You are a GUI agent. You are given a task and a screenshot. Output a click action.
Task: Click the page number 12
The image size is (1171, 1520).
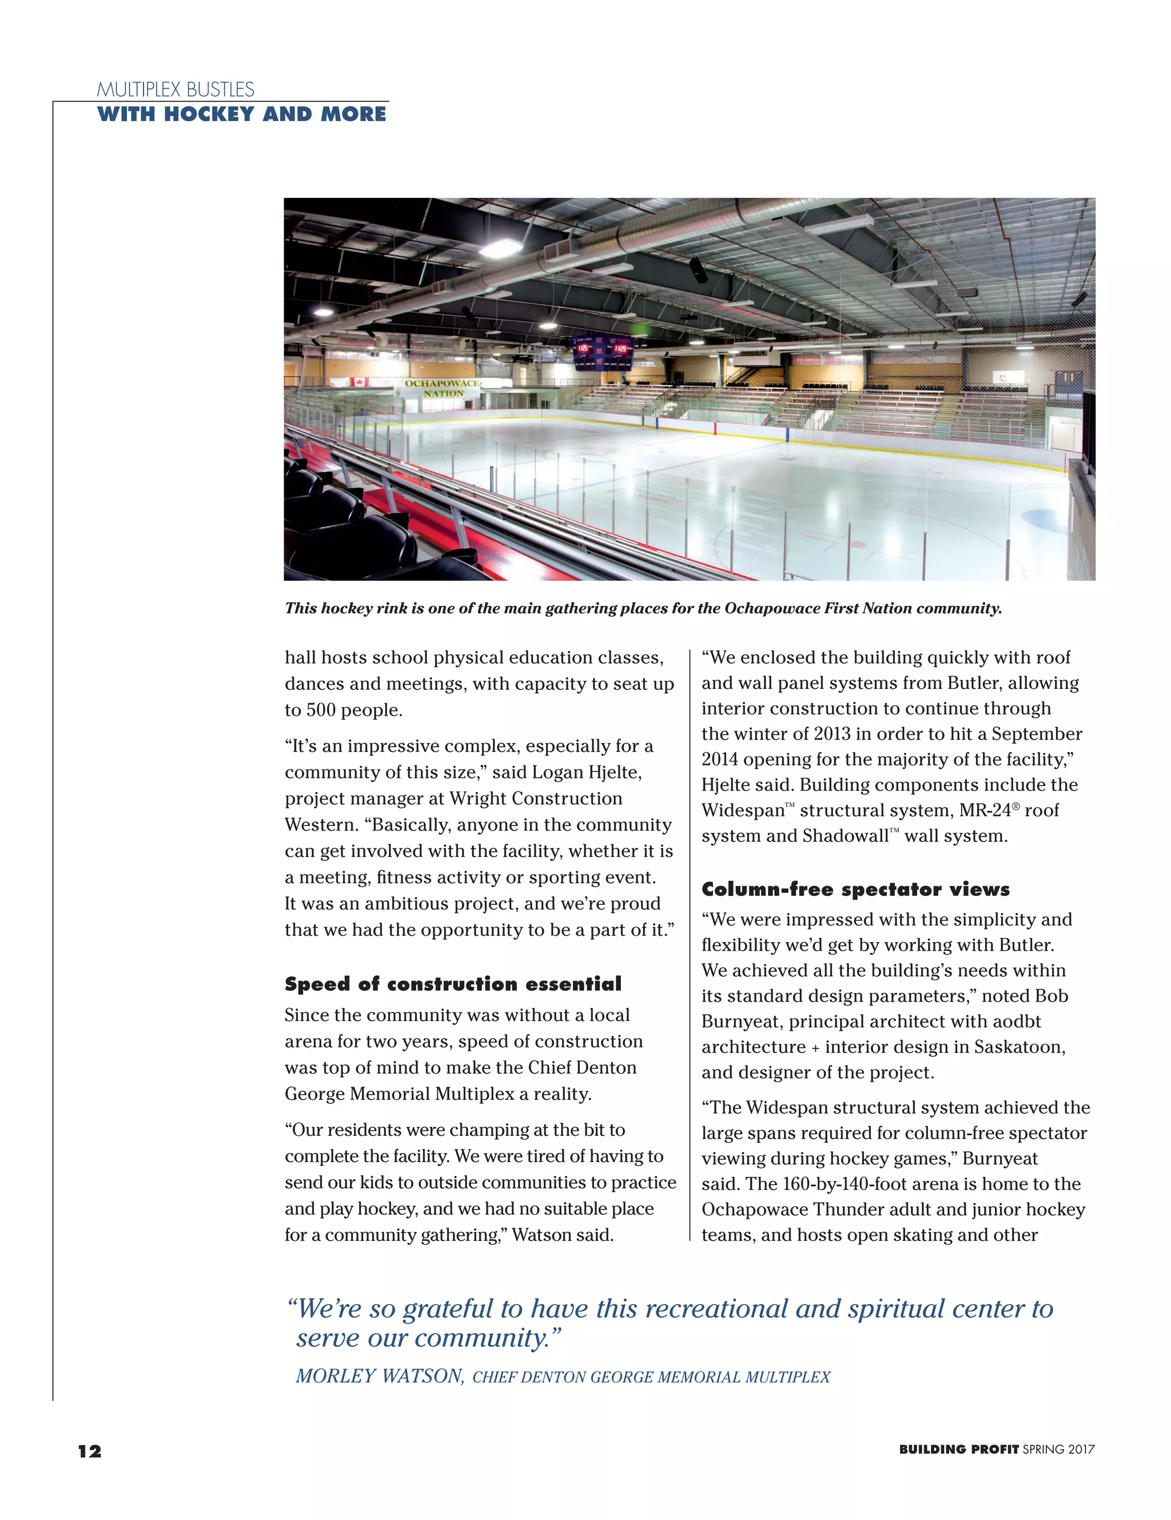[x=89, y=1451]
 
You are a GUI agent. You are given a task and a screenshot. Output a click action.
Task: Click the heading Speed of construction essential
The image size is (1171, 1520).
[x=452, y=984]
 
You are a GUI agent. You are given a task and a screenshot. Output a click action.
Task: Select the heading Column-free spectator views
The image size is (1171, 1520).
[x=855, y=889]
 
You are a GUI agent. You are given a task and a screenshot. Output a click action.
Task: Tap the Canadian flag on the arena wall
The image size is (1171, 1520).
[x=359, y=382]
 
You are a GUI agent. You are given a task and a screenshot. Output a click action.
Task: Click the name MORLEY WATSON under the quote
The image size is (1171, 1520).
[x=380, y=1376]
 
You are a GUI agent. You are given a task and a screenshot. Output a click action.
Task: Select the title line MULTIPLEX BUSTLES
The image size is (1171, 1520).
[x=176, y=90]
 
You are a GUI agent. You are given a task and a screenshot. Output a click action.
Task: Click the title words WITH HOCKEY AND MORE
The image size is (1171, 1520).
[x=242, y=114]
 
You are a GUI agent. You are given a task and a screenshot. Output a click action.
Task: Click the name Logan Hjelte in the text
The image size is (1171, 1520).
[x=586, y=772]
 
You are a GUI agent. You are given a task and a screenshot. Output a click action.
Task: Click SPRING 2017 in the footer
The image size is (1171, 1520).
[x=1058, y=1450]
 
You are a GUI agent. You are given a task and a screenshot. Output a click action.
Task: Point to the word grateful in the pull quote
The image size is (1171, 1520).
[x=449, y=1309]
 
